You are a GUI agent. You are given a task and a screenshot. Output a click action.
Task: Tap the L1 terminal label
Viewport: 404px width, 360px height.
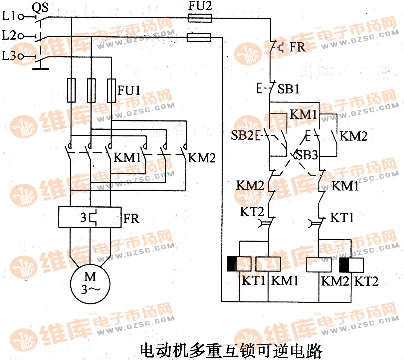click(x=9, y=16)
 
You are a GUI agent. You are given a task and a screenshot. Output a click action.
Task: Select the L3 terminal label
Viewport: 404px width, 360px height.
click(x=9, y=56)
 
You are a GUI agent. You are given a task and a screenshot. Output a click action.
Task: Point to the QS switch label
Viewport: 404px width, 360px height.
click(x=40, y=7)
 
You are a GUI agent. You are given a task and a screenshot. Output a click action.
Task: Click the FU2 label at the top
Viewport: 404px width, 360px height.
click(x=200, y=6)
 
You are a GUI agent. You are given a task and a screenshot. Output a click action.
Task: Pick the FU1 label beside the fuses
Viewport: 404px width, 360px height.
click(x=129, y=90)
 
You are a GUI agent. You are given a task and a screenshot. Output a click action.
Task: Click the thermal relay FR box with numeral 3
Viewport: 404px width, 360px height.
click(x=90, y=217)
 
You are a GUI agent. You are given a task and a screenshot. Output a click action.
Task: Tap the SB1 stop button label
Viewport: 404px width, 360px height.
click(x=288, y=89)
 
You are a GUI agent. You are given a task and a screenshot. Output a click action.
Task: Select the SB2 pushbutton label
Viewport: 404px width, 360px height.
click(x=242, y=135)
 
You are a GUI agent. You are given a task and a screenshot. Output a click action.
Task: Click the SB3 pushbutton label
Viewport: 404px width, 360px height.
click(x=307, y=155)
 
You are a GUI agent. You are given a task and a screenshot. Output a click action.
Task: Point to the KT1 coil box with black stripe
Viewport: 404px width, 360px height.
click(x=239, y=264)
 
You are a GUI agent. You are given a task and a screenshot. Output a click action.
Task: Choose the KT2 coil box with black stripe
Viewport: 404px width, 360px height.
click(x=351, y=265)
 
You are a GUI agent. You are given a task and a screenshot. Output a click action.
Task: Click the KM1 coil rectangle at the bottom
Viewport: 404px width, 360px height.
click(x=268, y=264)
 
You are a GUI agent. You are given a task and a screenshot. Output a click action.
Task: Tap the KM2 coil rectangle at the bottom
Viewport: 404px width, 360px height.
click(x=318, y=265)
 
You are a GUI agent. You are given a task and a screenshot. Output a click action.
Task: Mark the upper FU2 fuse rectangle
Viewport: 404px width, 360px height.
click(x=200, y=18)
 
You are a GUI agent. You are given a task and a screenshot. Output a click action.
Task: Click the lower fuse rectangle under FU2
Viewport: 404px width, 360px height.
click(x=199, y=37)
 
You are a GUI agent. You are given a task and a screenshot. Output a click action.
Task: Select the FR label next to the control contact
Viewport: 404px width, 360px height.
click(x=297, y=47)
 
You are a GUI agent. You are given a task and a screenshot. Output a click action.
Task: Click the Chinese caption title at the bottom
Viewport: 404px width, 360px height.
click(x=231, y=350)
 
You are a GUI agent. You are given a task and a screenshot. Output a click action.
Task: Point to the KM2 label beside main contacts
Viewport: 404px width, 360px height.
click(x=202, y=158)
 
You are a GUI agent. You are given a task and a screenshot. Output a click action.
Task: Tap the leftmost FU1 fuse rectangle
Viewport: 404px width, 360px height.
click(x=71, y=90)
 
